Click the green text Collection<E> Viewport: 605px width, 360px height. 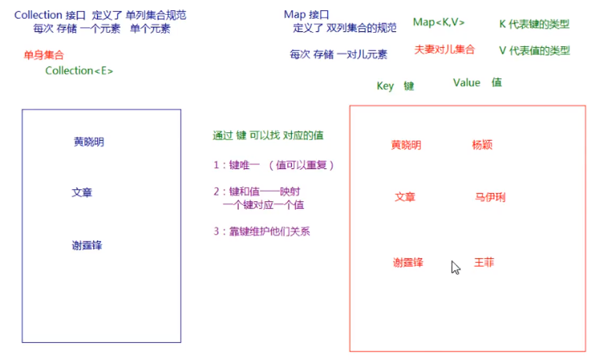click(79, 71)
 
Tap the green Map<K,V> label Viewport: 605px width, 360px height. click(439, 22)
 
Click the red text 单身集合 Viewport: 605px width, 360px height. click(44, 55)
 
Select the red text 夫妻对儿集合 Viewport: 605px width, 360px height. click(445, 49)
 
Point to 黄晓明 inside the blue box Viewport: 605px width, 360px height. click(88, 142)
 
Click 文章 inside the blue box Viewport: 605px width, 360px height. click(81, 192)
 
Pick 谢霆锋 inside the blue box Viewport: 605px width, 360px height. click(87, 245)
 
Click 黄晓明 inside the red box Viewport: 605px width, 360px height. click(406, 145)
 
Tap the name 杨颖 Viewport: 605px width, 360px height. click(482, 145)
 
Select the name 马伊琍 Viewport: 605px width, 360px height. click(490, 197)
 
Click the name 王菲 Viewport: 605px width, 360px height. click(484, 262)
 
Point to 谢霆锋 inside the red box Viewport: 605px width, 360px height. click(408, 262)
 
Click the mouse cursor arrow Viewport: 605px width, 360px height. click(455, 267)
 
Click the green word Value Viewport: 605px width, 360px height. click(466, 83)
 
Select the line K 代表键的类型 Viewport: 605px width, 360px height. click(534, 24)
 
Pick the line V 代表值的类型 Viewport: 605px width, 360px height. click(534, 51)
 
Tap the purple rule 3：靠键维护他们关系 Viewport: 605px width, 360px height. click(267, 231)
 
